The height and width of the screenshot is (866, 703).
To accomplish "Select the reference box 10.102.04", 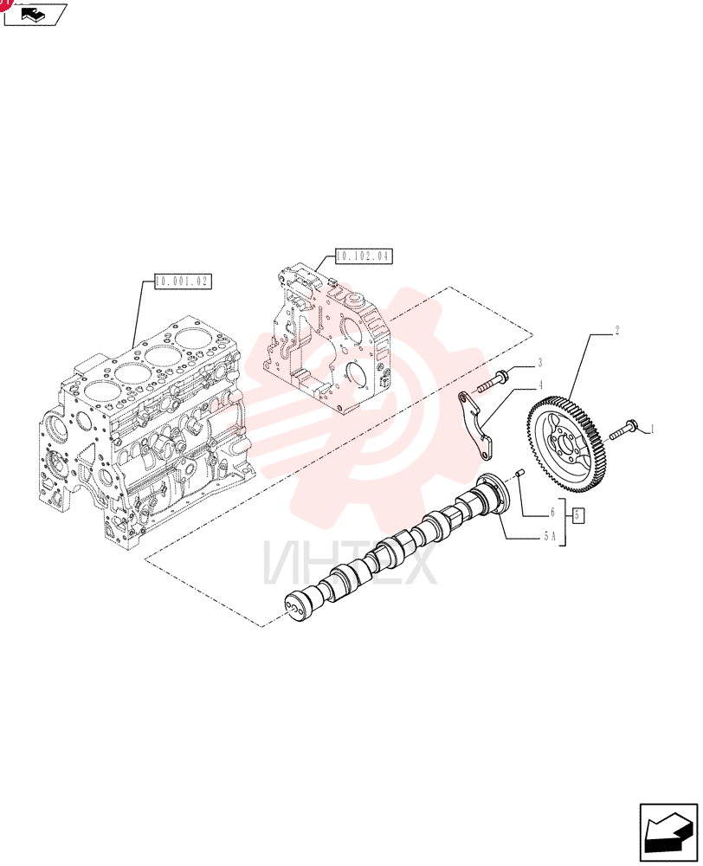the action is pos(364,256).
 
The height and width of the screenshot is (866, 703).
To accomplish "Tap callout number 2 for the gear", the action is pos(616,330).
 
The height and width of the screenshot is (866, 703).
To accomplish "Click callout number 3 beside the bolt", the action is pos(540,363).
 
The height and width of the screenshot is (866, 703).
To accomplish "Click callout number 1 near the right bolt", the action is pos(652,429).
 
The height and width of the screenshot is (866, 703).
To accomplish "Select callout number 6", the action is pos(551,513).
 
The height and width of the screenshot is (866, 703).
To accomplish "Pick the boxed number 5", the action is pos(577,516).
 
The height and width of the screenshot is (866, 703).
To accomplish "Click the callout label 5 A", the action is pos(550,536).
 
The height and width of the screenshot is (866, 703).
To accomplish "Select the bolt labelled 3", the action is pos(493,382).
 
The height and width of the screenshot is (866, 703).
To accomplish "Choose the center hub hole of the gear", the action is pos(562,444).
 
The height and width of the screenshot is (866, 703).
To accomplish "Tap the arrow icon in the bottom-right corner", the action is pos(668,833).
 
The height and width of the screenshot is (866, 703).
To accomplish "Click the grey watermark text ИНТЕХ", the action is pos(350,563).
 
